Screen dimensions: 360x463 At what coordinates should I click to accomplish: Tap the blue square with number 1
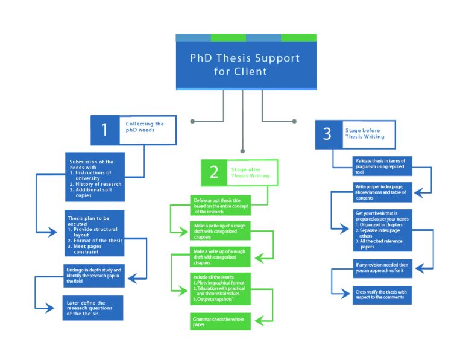(104, 130)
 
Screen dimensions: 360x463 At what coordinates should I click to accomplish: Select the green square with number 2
(213, 172)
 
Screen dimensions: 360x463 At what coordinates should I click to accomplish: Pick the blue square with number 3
(327, 134)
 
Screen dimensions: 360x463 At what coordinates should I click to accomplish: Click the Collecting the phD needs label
(145, 127)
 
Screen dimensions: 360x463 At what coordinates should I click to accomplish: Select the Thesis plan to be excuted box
(95, 233)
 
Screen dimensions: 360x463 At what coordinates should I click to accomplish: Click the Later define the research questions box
(93, 307)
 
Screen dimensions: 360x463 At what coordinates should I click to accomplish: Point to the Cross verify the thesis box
(382, 294)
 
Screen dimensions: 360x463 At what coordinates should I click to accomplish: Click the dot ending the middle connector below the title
(242, 150)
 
